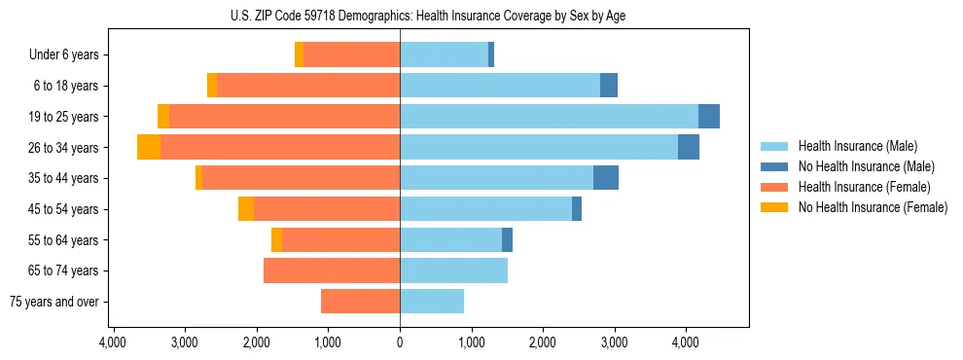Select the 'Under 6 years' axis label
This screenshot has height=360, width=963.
(64, 55)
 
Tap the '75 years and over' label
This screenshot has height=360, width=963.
(54, 302)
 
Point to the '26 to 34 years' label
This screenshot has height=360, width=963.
(64, 148)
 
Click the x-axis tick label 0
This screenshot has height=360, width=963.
(400, 342)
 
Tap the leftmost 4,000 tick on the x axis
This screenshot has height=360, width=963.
(113, 342)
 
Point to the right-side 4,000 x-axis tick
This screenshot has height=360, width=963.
(686, 342)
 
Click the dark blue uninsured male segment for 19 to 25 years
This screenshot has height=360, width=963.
(709, 117)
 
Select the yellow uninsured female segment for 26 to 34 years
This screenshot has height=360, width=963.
(149, 147)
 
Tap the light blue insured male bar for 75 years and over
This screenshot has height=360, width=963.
(432, 302)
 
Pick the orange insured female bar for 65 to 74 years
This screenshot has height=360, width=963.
(332, 270)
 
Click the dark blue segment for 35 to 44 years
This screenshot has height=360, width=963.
(606, 178)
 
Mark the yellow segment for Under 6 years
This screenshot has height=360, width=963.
(300, 55)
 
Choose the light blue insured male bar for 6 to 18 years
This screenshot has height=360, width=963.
(500, 86)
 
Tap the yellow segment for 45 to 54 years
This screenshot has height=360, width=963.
(246, 209)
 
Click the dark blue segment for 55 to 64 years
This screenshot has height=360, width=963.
(507, 239)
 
